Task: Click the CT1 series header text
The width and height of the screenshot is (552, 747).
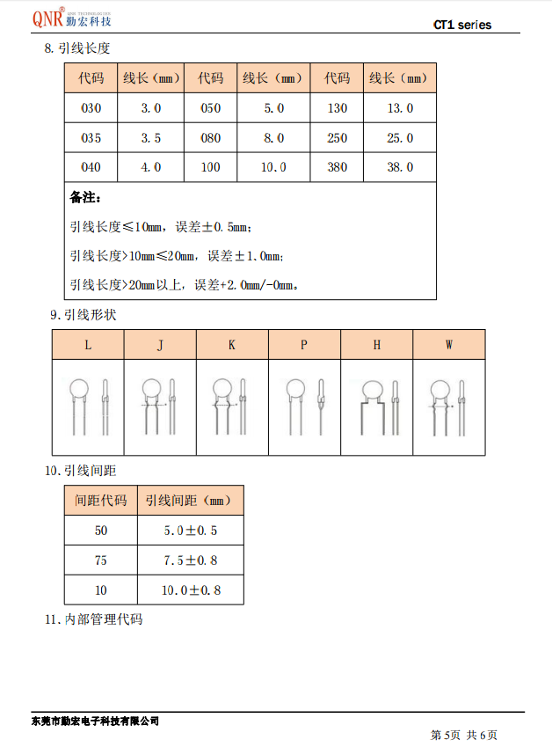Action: (462, 25)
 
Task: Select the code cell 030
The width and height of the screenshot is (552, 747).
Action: (91, 108)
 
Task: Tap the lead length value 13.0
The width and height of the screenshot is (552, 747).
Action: (400, 108)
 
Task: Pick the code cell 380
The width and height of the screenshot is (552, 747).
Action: (337, 166)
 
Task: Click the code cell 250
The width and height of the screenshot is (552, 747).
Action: (337, 138)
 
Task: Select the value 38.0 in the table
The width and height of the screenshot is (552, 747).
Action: (400, 166)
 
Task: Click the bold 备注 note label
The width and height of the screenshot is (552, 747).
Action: (86, 197)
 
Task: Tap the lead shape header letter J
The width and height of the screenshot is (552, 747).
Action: (160, 345)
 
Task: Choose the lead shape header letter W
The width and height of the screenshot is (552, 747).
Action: (448, 345)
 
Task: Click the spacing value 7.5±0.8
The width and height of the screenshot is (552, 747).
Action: (191, 560)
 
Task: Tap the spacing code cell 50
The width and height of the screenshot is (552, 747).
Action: (101, 531)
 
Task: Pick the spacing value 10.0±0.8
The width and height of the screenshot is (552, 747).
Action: (191, 590)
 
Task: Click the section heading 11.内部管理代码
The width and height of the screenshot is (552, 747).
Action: (94, 619)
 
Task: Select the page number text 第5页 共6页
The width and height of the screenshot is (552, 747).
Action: (464, 734)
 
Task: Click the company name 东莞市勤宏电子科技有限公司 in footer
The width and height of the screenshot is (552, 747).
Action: (95, 721)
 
